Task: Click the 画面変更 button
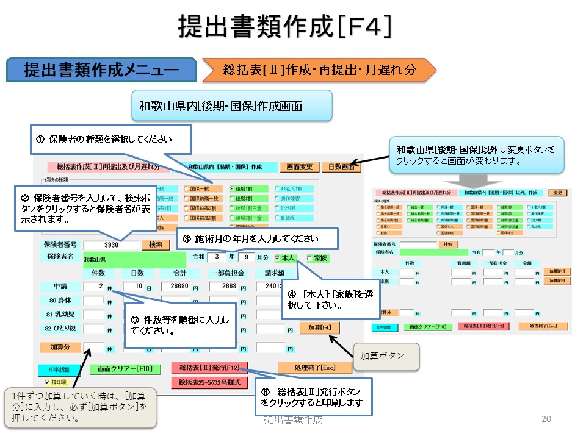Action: click(299, 166)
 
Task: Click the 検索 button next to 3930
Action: click(155, 244)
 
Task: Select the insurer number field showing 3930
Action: click(111, 244)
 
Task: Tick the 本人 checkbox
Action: click(278, 258)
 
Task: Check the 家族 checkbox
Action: click(309, 258)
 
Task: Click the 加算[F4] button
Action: click(319, 327)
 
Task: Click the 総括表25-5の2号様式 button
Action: click(209, 383)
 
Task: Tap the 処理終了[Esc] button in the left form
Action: click(314, 368)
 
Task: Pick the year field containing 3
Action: click(217, 257)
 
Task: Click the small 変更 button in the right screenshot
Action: click(558, 193)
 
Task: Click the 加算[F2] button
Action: click(557, 280)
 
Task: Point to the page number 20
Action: click(546, 419)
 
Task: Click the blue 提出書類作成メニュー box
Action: click(101, 70)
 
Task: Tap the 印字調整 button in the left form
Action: click(55, 369)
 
